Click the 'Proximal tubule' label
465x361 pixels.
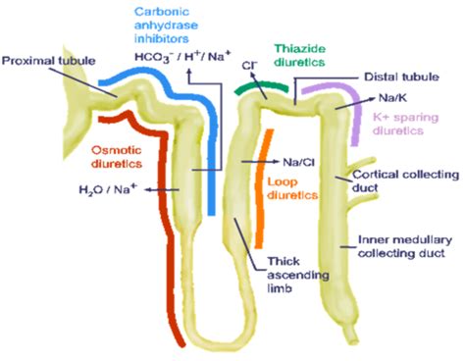(48, 61)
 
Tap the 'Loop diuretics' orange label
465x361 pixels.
(291, 188)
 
